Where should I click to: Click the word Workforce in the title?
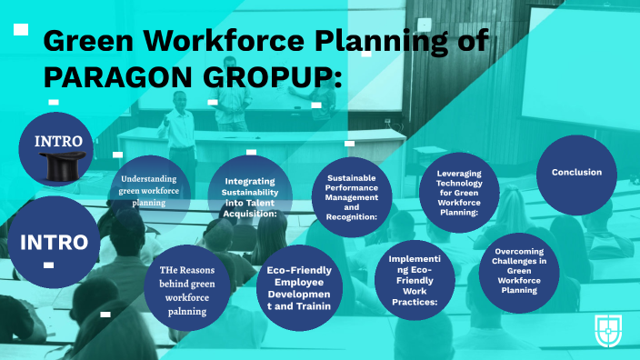coord(235,41)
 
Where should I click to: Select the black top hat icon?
coord(57,165)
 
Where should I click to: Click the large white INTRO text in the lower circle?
coord(54,243)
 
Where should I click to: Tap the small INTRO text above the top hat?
coord(58,141)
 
